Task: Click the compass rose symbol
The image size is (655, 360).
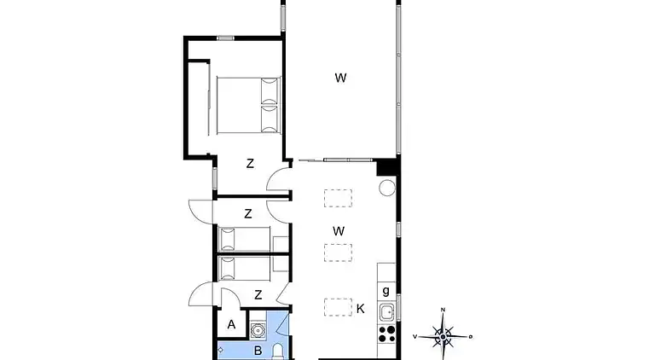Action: coord(443,335)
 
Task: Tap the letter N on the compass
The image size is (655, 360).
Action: coord(443,310)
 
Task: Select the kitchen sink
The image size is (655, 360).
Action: coord(387,311)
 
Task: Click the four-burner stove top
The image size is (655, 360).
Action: coord(387,334)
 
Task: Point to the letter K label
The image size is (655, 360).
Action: coord(361,309)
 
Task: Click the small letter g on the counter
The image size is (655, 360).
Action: coord(386,291)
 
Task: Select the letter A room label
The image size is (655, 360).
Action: coord(231,324)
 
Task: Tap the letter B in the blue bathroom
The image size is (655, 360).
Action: coord(258,351)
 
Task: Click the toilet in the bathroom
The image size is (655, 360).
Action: coord(278,351)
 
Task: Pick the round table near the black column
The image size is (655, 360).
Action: coord(387,188)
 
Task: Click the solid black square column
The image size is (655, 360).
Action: coord(386,167)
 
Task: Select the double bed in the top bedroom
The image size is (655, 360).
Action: coord(248,105)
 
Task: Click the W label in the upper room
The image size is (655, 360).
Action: coord(340,78)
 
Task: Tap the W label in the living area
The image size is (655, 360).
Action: coord(339,231)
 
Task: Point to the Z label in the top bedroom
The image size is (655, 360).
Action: coord(250,163)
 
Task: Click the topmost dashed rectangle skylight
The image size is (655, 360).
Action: coord(338,198)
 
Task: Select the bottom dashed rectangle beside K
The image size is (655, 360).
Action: coord(338,307)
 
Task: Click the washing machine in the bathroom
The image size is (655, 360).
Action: coord(258,330)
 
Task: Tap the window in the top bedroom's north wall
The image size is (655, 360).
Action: coord(225,38)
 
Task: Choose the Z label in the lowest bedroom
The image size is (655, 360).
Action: coord(258,295)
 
